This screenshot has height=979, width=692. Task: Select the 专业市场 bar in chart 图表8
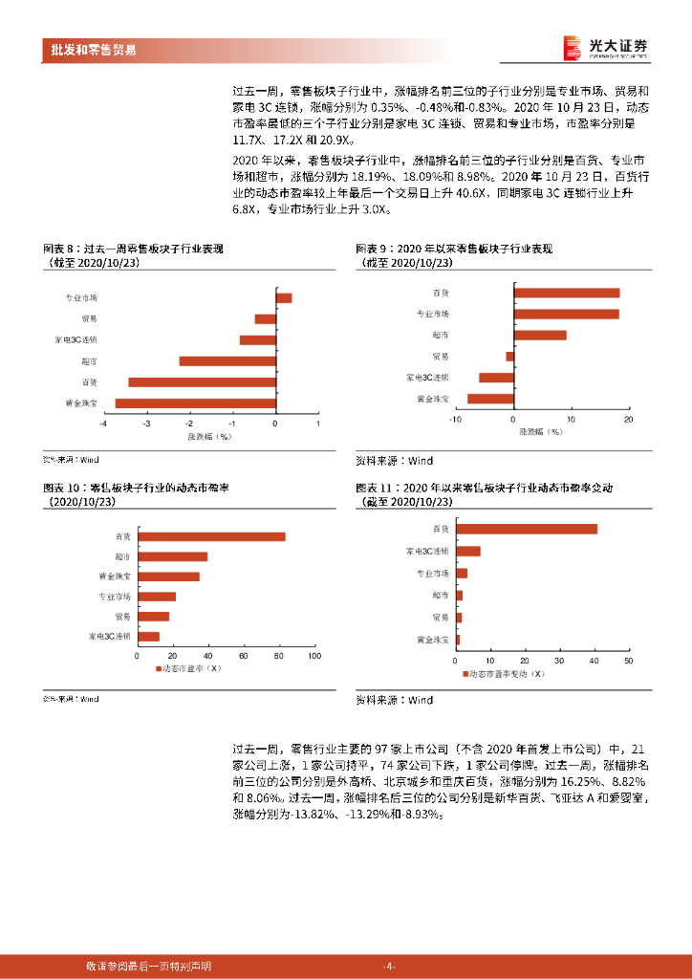284,298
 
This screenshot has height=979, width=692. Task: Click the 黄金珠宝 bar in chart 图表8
195,403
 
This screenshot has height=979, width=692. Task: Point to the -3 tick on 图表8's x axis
147,423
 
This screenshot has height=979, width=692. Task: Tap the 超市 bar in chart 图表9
540,335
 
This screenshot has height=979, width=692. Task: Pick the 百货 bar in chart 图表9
567,293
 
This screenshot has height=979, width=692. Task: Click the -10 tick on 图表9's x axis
456,419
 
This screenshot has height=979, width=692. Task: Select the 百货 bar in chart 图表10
211,536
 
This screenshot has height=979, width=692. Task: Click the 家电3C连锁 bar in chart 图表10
148,636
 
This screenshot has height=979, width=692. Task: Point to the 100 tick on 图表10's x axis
314,656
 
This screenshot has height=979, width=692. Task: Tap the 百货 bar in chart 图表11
527,529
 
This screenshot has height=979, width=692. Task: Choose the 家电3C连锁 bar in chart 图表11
468,551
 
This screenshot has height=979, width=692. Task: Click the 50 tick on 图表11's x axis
628,660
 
